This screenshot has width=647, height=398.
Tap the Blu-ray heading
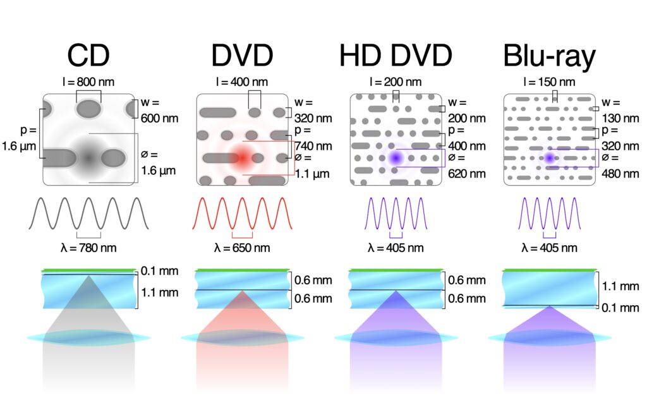coord(549,56)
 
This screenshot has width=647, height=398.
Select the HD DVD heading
coord(396,56)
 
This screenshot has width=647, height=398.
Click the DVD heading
coord(242,56)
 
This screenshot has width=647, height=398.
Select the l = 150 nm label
coord(550,81)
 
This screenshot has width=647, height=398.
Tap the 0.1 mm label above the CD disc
coord(160,272)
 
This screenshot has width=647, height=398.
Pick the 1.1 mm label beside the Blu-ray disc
coord(621,286)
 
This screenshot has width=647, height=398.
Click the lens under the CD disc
coord(88,338)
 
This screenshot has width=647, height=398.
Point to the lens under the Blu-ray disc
coord(550,338)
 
